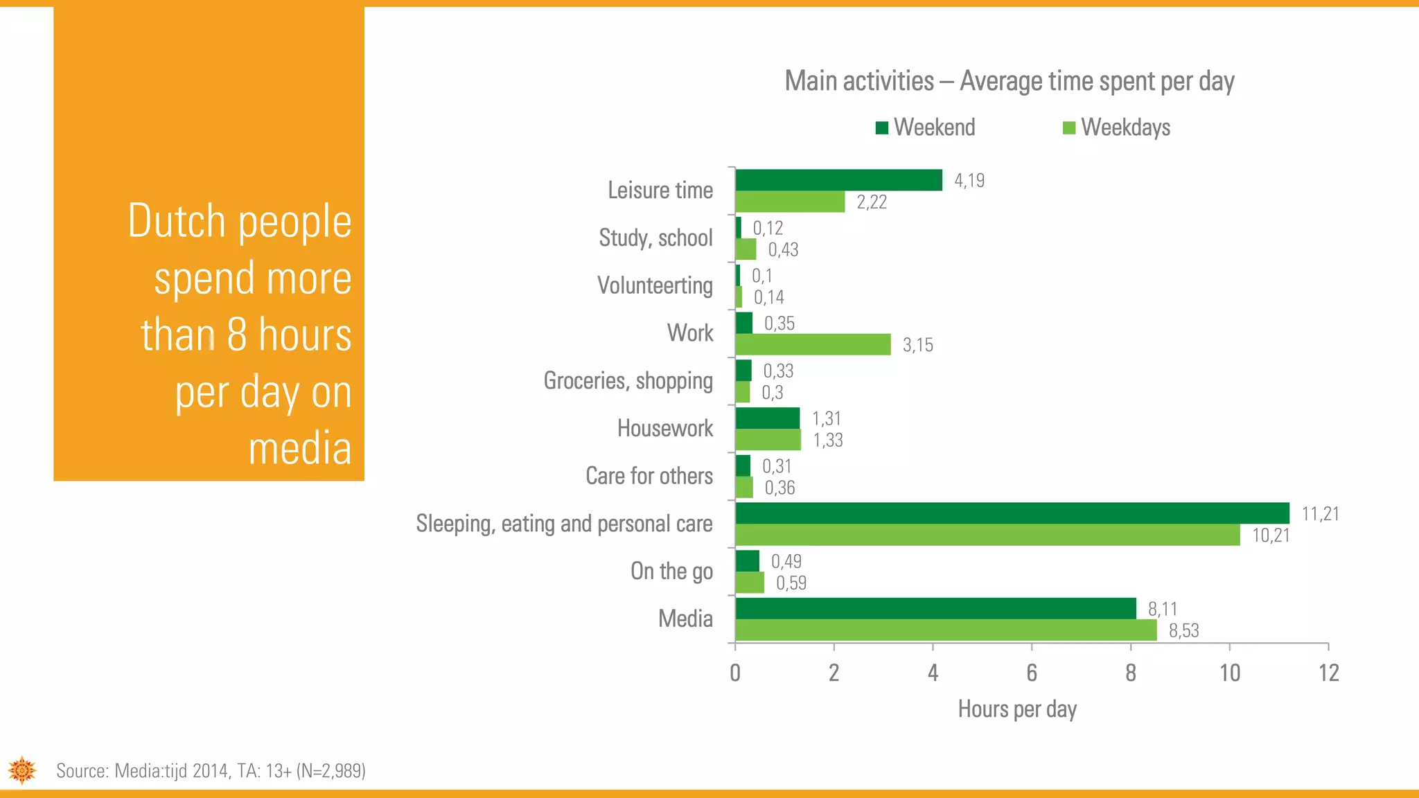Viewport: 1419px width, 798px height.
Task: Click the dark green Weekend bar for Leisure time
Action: tap(838, 180)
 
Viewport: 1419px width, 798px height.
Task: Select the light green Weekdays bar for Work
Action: tap(813, 344)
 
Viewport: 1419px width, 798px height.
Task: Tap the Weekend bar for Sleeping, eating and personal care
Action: tap(1012, 513)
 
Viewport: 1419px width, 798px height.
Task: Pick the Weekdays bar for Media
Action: tap(946, 630)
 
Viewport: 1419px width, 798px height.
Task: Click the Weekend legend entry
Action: tap(926, 127)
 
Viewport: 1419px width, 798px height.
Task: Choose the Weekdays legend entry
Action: tap(1117, 127)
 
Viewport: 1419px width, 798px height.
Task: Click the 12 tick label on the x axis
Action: tap(1328, 673)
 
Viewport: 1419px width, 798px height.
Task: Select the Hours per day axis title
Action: tap(1017, 709)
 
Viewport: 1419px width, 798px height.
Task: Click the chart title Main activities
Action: tap(1010, 81)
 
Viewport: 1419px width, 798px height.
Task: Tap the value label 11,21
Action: tap(1320, 514)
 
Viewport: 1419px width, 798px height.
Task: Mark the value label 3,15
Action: tap(917, 345)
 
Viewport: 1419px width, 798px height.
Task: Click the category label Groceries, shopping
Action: tap(628, 380)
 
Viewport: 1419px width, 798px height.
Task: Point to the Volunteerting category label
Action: tap(655, 285)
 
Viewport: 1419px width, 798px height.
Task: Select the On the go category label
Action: tap(671, 571)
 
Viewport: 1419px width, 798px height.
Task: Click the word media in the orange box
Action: tap(300, 448)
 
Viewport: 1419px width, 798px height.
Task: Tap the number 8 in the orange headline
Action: tap(237, 335)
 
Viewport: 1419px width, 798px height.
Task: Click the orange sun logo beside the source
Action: tap(22, 770)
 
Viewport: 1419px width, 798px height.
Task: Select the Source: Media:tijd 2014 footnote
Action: tap(211, 771)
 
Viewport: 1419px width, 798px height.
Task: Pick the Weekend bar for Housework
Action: tap(767, 418)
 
